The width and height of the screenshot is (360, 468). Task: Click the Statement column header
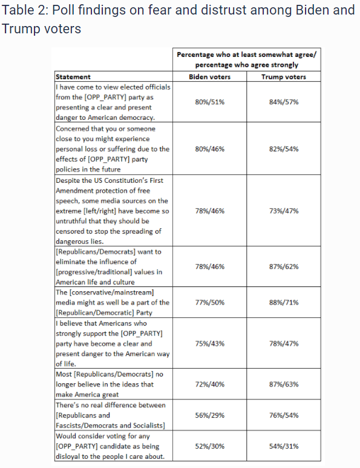click(73, 77)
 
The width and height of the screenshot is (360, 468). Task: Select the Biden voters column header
click(210, 77)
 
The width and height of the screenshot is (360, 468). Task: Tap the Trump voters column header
click(283, 77)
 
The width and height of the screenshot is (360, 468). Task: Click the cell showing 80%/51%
click(210, 102)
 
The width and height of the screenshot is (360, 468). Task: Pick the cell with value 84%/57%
click(283, 102)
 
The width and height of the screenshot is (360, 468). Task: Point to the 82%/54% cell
click(283, 149)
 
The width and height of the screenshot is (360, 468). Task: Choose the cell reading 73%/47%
click(283, 210)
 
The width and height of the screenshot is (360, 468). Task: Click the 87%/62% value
click(283, 266)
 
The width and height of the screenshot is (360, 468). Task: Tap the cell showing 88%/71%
click(283, 302)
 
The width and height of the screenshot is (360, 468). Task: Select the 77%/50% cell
click(210, 302)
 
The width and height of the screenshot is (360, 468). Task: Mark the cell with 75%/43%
click(210, 343)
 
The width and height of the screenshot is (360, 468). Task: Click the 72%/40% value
click(210, 384)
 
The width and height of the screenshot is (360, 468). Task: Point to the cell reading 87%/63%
click(283, 384)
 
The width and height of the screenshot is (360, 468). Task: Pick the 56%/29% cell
click(210, 415)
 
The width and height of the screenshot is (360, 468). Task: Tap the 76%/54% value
click(283, 415)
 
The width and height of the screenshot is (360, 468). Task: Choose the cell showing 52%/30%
click(210, 446)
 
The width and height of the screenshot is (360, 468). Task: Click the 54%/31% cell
click(283, 446)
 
